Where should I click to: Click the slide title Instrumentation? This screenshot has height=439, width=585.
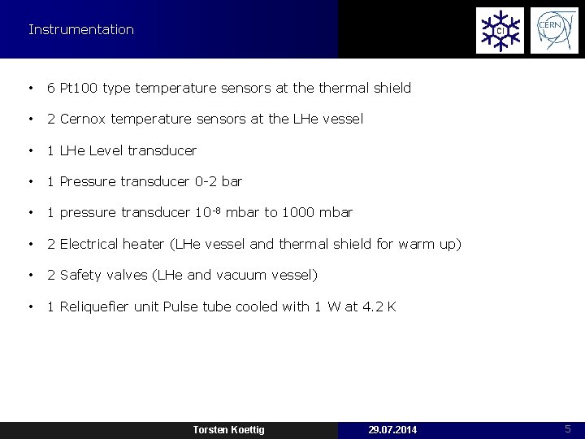[80, 30]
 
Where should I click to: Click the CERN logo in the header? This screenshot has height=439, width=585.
[554, 30]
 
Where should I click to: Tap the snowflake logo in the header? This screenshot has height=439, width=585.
[500, 30]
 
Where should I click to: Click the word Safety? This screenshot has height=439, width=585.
[80, 275]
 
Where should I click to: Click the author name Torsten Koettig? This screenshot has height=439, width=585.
[228, 429]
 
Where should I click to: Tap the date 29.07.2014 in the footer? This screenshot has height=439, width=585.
[392, 429]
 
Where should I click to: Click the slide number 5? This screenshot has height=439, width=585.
[568, 428]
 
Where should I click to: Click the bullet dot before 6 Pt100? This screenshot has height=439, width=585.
[30, 88]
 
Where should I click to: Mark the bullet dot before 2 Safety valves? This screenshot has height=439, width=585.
[30, 275]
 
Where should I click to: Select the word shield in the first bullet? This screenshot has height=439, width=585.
[392, 88]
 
